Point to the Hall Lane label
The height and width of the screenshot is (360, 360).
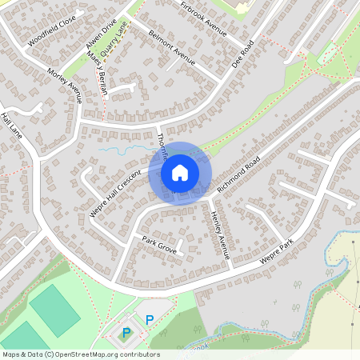[11, 126]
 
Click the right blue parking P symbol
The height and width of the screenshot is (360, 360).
[149, 320]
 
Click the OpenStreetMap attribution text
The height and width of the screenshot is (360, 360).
[80, 354]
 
